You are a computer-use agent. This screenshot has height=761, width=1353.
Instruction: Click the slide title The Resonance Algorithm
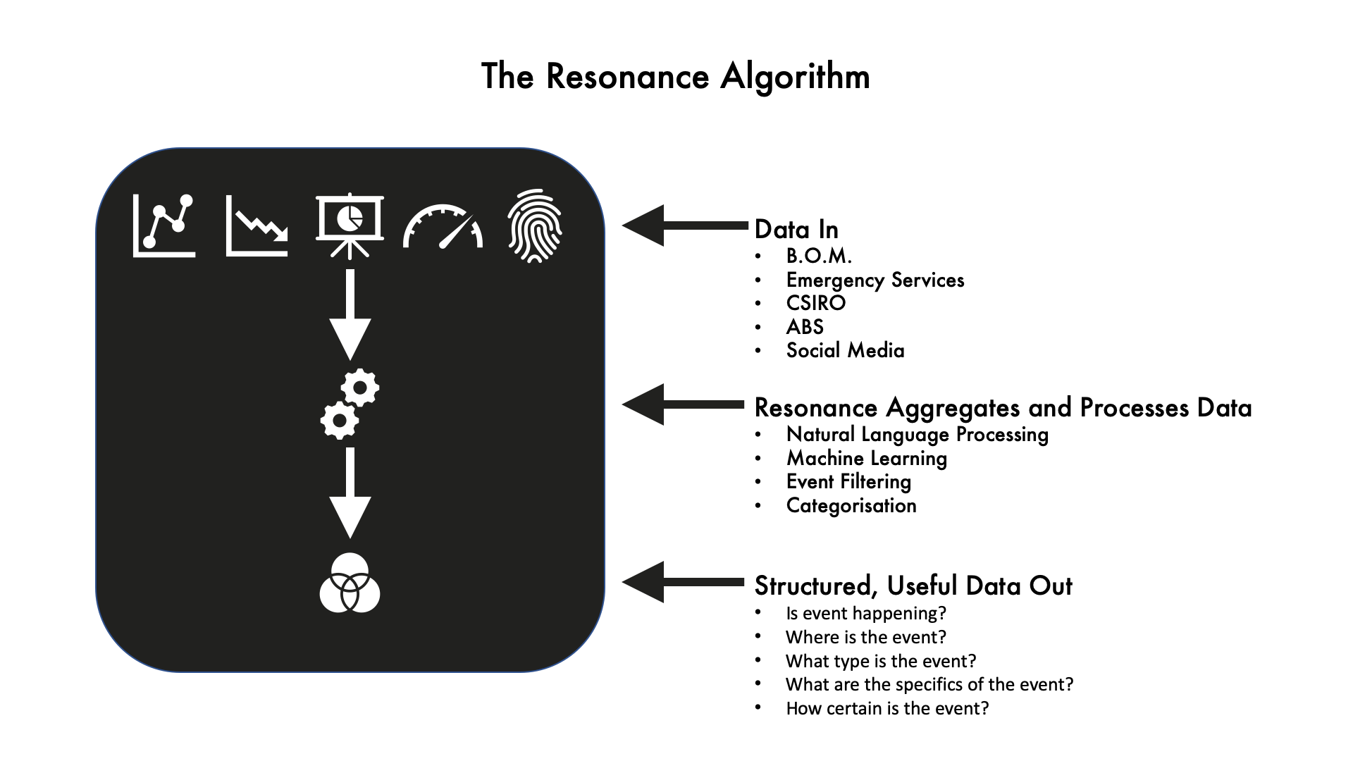click(x=676, y=77)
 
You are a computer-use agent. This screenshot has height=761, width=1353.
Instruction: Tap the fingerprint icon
click(x=535, y=226)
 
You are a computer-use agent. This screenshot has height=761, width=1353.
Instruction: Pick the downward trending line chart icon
click(x=257, y=225)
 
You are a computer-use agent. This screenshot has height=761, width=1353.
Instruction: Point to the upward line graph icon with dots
click(x=164, y=225)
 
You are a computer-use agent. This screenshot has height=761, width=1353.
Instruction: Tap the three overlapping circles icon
click(x=350, y=583)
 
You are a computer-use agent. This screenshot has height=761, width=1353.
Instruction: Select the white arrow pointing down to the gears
click(x=350, y=315)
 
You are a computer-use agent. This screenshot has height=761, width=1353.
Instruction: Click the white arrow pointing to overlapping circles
click(x=350, y=493)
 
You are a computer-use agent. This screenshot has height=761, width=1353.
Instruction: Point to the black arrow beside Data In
click(x=684, y=225)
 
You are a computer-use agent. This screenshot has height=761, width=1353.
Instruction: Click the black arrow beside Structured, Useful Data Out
click(x=684, y=582)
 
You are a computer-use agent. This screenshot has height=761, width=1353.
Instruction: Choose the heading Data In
click(x=796, y=230)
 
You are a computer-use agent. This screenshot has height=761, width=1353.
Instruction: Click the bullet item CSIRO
click(x=815, y=303)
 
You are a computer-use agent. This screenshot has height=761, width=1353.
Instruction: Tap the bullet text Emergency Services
click(x=875, y=280)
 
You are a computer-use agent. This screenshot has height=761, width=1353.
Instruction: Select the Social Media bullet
click(x=845, y=350)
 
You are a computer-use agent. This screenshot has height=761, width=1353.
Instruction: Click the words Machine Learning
click(x=867, y=459)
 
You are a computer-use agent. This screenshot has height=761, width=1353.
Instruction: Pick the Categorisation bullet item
click(x=851, y=506)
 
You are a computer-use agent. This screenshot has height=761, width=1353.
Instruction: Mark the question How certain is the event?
click(x=887, y=708)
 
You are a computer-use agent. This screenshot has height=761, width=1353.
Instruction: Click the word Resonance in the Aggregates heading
click(x=816, y=408)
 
